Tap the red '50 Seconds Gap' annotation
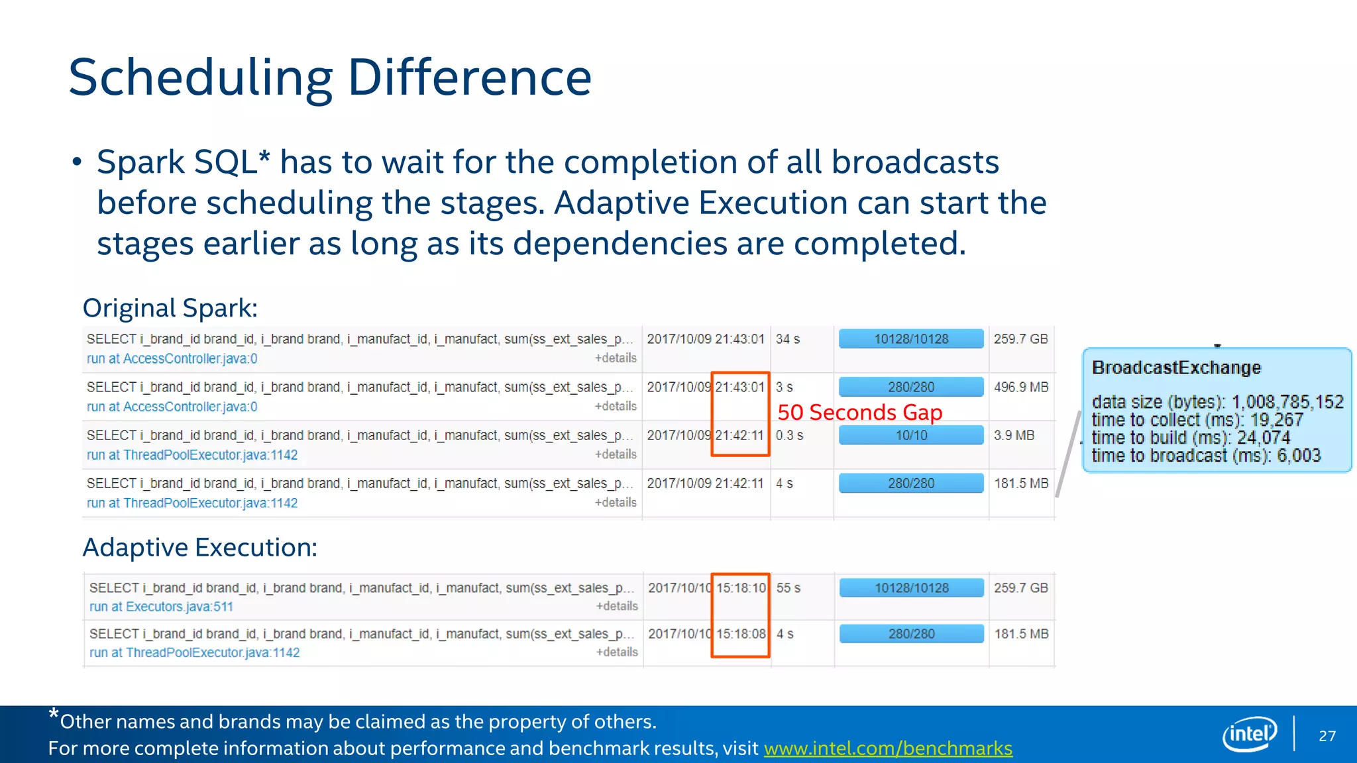(859, 413)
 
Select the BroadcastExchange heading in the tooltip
(1176, 368)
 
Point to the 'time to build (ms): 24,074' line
(1191, 438)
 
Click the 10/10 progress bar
(911, 435)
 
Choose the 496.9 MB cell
(1020, 387)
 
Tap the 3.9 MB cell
(1014, 435)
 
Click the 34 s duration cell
(788, 339)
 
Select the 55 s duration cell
(788, 588)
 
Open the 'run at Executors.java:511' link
(161, 607)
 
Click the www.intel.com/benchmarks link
(888, 748)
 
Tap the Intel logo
(1249, 734)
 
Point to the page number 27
(1327, 736)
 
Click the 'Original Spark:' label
(170, 309)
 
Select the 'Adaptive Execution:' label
(199, 548)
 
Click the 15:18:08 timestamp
(741, 634)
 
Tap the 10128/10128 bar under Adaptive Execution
(911, 588)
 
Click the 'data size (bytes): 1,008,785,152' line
(1217, 402)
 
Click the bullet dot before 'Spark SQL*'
(77, 162)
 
